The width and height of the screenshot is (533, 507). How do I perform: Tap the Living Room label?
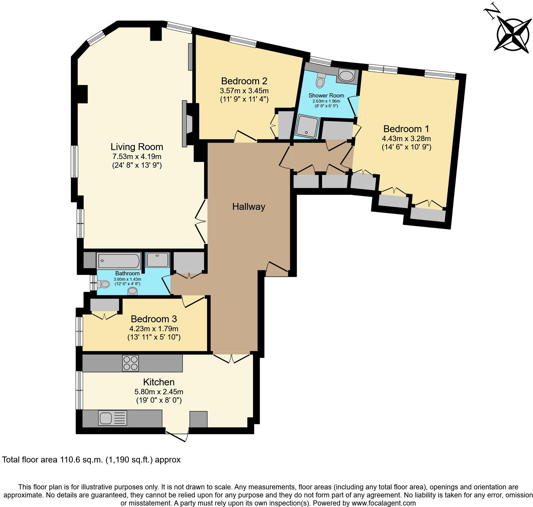point(137,147)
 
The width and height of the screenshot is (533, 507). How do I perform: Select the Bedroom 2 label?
point(244,81)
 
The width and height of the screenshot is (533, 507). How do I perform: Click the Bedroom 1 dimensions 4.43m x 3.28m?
point(406,138)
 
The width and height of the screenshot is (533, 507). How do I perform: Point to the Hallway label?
point(249,207)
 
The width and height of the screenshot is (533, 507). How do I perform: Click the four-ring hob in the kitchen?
point(131,363)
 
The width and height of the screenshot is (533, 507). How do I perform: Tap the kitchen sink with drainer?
point(112,418)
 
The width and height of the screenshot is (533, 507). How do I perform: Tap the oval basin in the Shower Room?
point(346,76)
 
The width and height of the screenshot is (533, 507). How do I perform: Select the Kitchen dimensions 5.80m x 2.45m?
point(159,392)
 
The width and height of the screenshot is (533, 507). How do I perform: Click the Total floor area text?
point(91,459)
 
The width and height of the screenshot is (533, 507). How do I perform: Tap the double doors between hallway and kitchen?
point(232,358)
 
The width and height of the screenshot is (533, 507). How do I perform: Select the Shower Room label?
point(326,95)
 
